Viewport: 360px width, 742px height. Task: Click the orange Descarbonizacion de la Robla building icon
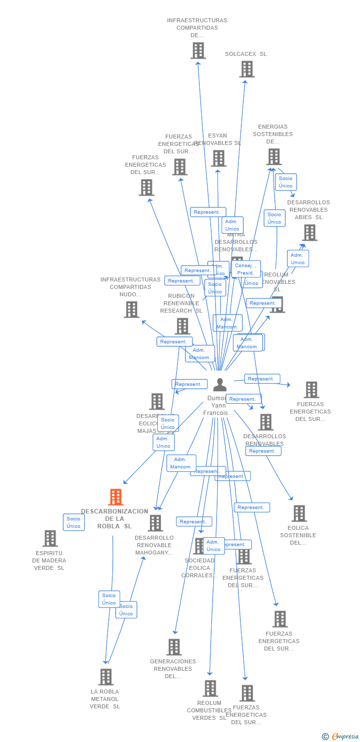coord(115,497)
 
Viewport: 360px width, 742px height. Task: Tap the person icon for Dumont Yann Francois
coord(220,385)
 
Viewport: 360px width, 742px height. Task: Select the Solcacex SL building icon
coord(247,69)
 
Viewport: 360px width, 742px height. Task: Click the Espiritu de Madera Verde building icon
coord(50,539)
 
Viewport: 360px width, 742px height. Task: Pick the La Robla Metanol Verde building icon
coord(106,677)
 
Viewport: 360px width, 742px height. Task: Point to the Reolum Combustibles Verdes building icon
coord(210,689)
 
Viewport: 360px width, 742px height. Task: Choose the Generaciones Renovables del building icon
coord(174,647)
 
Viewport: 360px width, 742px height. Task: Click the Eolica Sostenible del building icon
coord(299,513)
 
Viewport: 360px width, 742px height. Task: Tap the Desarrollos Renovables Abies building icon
coord(310,232)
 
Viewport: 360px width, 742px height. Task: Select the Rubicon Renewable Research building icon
coord(182,326)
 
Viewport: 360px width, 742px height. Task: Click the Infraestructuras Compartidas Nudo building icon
coord(132,310)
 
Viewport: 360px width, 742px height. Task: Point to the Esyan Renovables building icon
coord(219,158)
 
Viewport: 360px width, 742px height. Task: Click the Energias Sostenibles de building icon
coord(273,157)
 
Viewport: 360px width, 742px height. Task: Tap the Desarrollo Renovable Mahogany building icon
coord(155,523)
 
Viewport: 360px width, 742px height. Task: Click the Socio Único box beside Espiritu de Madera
coord(74,522)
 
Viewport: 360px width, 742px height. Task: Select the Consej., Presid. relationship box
coord(245,269)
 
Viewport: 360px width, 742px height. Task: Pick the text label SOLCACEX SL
coord(246,54)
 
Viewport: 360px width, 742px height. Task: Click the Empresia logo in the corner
coord(340,737)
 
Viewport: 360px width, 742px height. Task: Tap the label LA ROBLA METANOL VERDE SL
coord(105,699)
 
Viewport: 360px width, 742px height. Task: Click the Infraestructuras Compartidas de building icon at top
coord(198,50)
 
